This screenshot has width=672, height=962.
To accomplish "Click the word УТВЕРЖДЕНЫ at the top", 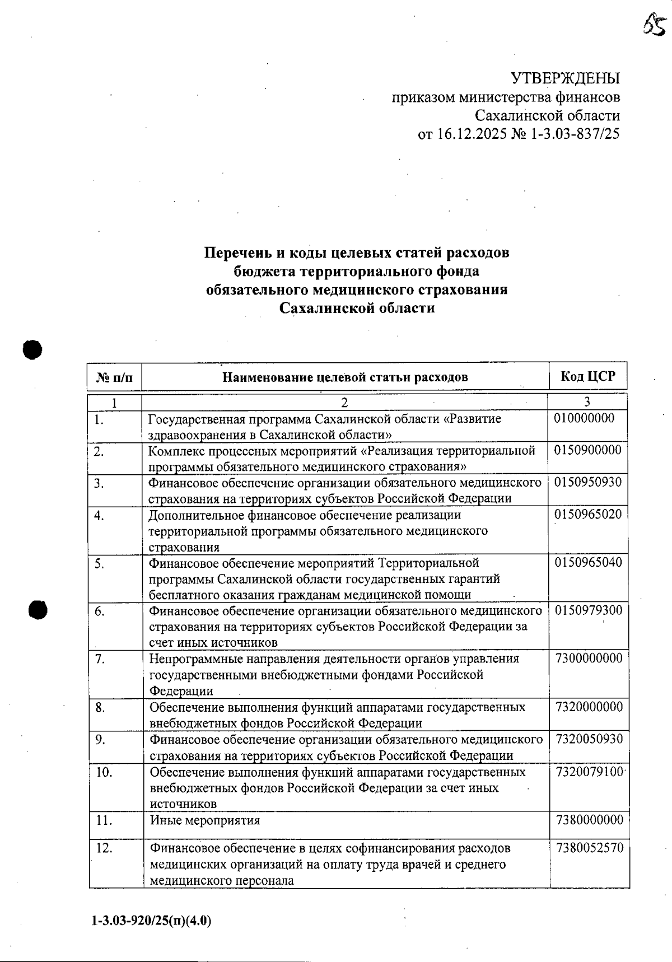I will (x=566, y=78).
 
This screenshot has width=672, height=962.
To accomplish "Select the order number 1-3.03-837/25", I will (x=575, y=134).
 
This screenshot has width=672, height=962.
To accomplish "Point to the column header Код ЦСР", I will (x=587, y=376).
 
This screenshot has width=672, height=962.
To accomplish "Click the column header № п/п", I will (x=115, y=377).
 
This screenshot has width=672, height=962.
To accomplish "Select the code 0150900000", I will (x=587, y=450).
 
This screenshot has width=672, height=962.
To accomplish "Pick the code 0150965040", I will (x=588, y=562).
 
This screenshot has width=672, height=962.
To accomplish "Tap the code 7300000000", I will (x=589, y=659).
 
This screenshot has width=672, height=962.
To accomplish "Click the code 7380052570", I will (x=589, y=848).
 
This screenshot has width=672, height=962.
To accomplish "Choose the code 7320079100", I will (x=589, y=772).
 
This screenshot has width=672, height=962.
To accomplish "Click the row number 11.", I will (x=104, y=820).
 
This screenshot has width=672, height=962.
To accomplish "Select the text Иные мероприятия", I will (x=205, y=820).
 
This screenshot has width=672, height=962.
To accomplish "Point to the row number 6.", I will (x=99, y=611).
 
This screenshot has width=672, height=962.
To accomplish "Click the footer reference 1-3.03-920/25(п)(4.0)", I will (x=151, y=921).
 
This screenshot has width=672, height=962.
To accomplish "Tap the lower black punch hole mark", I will (x=38, y=610).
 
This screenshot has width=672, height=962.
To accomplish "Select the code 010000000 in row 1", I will (x=584, y=418).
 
